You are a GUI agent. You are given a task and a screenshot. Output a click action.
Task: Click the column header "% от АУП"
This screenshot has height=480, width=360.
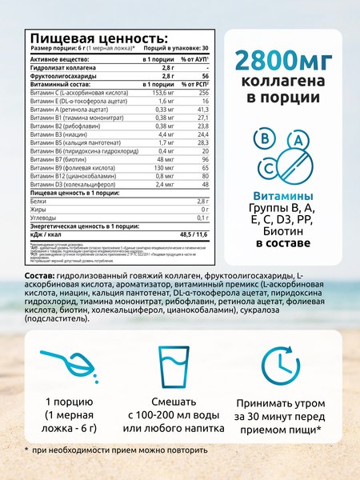tap(195, 60)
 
